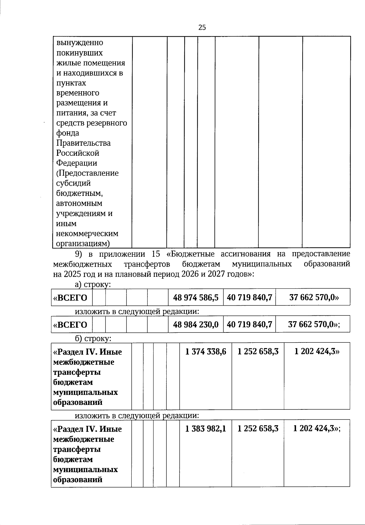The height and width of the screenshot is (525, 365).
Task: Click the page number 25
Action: point(202,27)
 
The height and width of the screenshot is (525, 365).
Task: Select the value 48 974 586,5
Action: point(196,297)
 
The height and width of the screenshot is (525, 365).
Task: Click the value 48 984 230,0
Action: point(196,325)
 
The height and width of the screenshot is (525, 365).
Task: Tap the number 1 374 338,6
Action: point(206,352)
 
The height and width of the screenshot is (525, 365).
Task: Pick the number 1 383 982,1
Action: point(206,429)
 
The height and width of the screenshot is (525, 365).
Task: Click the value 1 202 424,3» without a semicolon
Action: point(317,352)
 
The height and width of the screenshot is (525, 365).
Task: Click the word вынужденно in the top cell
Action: point(80,43)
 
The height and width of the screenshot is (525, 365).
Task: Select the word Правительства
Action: point(84,143)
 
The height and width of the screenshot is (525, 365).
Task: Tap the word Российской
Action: point(78,153)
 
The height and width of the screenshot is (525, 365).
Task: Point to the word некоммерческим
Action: point(87,234)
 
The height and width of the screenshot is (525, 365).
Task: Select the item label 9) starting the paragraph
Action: point(79,254)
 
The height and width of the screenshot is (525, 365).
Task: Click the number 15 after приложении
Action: point(155,254)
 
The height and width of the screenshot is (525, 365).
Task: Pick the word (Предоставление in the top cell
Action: point(88,173)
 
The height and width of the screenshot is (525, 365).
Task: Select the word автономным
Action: point(79,203)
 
